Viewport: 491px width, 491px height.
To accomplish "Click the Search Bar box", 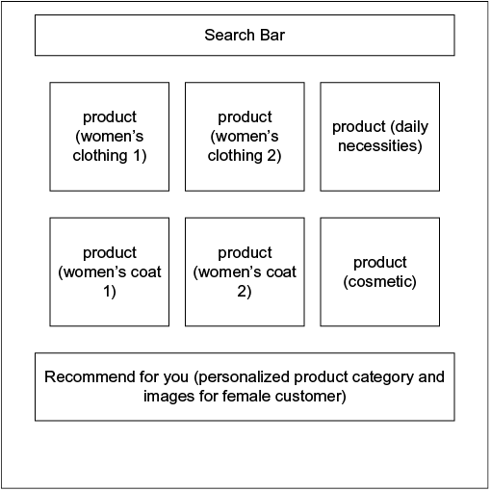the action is click(245, 36).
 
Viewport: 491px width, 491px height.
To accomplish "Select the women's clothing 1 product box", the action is click(110, 137).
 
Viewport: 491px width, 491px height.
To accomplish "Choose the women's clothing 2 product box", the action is click(245, 137).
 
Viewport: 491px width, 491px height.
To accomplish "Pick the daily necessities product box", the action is click(380, 137).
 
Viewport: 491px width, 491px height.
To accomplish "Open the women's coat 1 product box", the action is click(110, 272).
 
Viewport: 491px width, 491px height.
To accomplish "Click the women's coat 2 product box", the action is click(245, 272).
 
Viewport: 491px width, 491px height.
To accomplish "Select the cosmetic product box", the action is click(380, 272).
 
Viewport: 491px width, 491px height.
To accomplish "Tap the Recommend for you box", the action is click(245, 387).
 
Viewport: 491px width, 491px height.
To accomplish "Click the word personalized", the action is click(245, 377).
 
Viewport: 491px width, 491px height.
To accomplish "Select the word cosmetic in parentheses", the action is click(380, 282).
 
